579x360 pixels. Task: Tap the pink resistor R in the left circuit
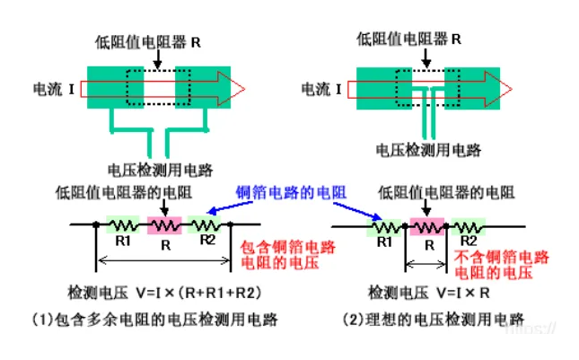(163, 224)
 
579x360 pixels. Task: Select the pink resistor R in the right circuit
(427, 224)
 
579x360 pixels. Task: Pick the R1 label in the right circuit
(384, 241)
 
